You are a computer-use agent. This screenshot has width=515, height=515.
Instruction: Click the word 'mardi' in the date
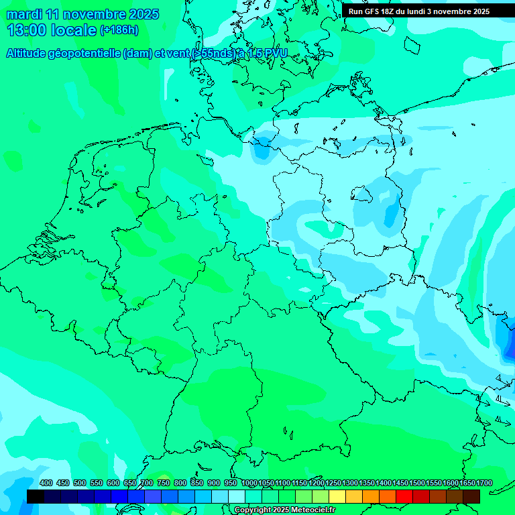tap(23, 14)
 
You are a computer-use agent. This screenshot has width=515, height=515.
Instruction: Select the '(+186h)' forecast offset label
tap(119, 30)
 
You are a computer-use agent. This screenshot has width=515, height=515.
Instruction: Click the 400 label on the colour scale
tap(46, 483)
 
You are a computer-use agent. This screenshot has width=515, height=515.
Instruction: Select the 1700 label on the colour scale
tap(484, 483)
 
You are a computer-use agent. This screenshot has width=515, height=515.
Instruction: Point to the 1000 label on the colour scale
tap(249, 483)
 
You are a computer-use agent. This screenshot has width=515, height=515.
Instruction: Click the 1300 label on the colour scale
tap(350, 483)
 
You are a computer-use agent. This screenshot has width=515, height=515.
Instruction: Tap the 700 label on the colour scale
tap(147, 483)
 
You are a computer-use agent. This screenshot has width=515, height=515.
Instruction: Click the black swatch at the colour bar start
tap(36, 496)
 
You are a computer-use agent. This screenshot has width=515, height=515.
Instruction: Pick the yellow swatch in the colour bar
tap(337, 496)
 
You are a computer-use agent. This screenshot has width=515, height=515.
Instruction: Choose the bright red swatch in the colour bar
tap(404, 496)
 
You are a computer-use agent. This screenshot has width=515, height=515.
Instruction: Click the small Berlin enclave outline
tap(361, 194)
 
